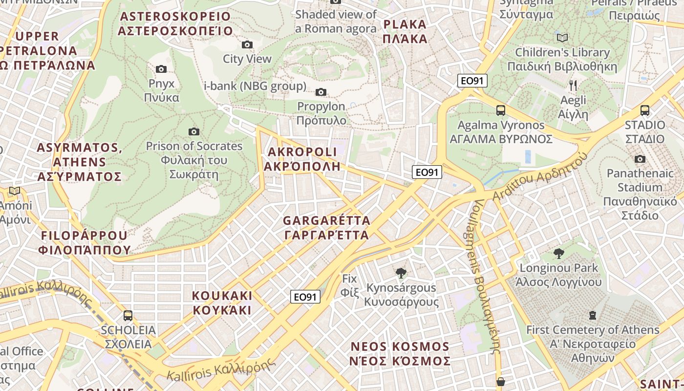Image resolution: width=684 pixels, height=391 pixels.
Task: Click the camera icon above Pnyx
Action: pyautogui.click(x=161, y=69)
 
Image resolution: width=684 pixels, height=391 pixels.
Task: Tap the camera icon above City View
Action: pyautogui.click(x=247, y=45)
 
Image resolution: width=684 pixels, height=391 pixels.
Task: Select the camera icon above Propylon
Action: pyautogui.click(x=321, y=92)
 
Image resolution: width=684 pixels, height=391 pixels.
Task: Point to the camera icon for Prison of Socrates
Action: pyautogui.click(x=194, y=131)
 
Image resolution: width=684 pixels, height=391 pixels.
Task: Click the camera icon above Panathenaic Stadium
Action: pyautogui.click(x=640, y=159)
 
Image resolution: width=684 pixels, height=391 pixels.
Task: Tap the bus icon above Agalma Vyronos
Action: pyautogui.click(x=500, y=110)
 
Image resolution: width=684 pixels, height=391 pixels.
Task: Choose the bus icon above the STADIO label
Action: pyautogui.click(x=645, y=110)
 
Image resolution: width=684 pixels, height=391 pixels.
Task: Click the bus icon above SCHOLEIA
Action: pyautogui.click(x=128, y=316)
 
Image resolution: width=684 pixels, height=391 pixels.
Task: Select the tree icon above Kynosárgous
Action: pyautogui.click(x=401, y=273)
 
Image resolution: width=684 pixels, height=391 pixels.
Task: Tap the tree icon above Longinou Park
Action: pyautogui.click(x=559, y=253)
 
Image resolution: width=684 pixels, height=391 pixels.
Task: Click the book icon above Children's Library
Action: pyautogui.click(x=562, y=38)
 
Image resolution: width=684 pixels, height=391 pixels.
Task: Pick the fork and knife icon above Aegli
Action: pyautogui.click(x=573, y=86)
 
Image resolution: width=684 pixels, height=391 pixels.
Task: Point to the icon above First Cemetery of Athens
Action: pyautogui.click(x=593, y=315)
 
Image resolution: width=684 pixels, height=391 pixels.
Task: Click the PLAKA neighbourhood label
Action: pyautogui.click(x=405, y=31)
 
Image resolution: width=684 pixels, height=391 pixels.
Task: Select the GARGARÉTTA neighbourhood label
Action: pyautogui.click(x=326, y=228)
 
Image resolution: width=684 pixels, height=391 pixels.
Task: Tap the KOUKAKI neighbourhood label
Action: pyautogui.click(x=222, y=303)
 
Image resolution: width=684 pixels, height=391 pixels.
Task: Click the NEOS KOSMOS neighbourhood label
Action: pyautogui.click(x=400, y=354)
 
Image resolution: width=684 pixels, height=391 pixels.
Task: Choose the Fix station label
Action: pyautogui.click(x=350, y=285)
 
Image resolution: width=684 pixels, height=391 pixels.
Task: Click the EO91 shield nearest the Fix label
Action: pyautogui.click(x=306, y=296)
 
